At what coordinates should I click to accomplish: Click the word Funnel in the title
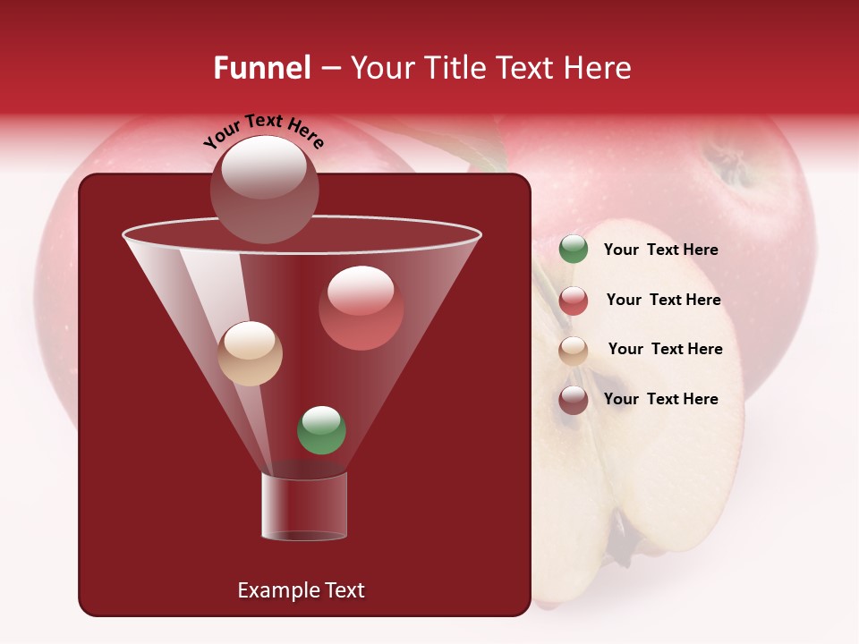pyautogui.click(x=261, y=68)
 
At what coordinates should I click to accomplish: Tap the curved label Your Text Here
pyautogui.click(x=264, y=132)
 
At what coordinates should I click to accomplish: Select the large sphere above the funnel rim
pyautogui.click(x=265, y=189)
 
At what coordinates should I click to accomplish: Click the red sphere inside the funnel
pyautogui.click(x=361, y=308)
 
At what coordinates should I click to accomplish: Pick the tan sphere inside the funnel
pyautogui.click(x=251, y=353)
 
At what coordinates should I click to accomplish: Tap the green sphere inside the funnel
pyautogui.click(x=321, y=430)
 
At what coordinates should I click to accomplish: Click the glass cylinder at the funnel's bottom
pyautogui.click(x=304, y=506)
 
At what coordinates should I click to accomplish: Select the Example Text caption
pyautogui.click(x=302, y=590)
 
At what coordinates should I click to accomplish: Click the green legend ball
pyautogui.click(x=574, y=250)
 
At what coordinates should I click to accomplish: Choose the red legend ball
pyautogui.click(x=574, y=301)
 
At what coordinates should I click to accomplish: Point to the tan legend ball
pyautogui.click(x=574, y=350)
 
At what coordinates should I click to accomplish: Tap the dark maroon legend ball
pyautogui.click(x=574, y=400)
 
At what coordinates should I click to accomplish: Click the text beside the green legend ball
pyautogui.click(x=660, y=250)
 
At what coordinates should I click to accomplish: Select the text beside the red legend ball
pyautogui.click(x=663, y=300)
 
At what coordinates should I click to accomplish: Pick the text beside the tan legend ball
pyautogui.click(x=665, y=349)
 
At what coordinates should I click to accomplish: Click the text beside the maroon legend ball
pyautogui.click(x=660, y=399)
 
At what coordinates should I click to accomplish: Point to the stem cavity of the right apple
pyautogui.click(x=729, y=165)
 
